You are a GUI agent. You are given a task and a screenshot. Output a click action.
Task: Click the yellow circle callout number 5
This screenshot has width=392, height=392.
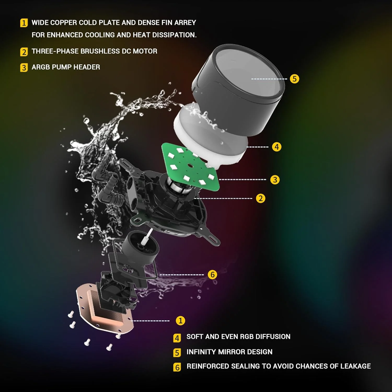tap(295, 79)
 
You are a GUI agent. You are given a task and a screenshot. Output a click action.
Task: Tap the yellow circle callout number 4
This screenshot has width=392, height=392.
tap(276, 147)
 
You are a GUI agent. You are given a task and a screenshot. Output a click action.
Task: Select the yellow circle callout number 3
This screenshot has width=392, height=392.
tap(275, 180)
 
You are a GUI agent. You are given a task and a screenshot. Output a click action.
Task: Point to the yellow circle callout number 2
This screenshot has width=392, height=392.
tap(261, 198)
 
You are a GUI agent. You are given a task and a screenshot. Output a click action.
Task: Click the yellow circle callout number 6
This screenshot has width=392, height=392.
tap(212, 275)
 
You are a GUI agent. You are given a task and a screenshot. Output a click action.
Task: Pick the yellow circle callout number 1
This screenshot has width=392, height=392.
tap(180, 321)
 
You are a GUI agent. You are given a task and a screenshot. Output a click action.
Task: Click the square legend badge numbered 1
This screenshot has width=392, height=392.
tap(24, 23)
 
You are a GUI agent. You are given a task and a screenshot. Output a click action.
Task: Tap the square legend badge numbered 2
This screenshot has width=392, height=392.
tap(24, 52)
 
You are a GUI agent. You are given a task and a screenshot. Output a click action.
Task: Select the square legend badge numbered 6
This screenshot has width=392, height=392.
tap(177, 367)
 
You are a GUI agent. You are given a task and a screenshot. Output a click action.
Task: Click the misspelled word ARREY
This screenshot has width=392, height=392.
tap(185, 23)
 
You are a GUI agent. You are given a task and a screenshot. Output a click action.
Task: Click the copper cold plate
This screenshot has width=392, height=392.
tap(105, 314)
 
